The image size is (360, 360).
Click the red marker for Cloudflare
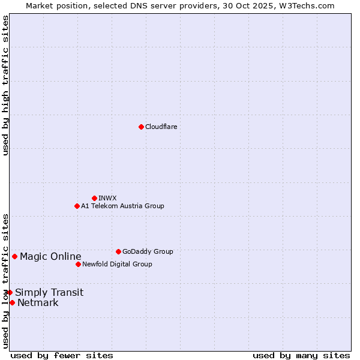[141, 127]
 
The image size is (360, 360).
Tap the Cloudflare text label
[161, 127]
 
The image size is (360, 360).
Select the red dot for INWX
[94, 198]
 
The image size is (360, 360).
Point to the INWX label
[107, 198]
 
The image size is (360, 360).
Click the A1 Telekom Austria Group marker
[77, 206]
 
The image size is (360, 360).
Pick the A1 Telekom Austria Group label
[122, 206]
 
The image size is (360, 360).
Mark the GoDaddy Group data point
[118, 251]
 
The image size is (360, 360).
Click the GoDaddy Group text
[148, 251]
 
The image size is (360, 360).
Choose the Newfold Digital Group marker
[78, 264]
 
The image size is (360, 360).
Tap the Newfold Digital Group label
[117, 264]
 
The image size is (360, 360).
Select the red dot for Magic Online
[14, 256]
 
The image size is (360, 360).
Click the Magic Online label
[50, 257]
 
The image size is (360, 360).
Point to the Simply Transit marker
[10, 292]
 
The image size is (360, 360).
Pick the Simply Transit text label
[49, 293]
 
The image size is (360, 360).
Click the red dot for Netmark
[12, 302]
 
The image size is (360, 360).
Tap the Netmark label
[38, 303]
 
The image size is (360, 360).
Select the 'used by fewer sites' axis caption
[62, 355]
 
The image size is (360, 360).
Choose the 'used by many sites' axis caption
[301, 355]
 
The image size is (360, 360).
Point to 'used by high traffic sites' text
[5, 85]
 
